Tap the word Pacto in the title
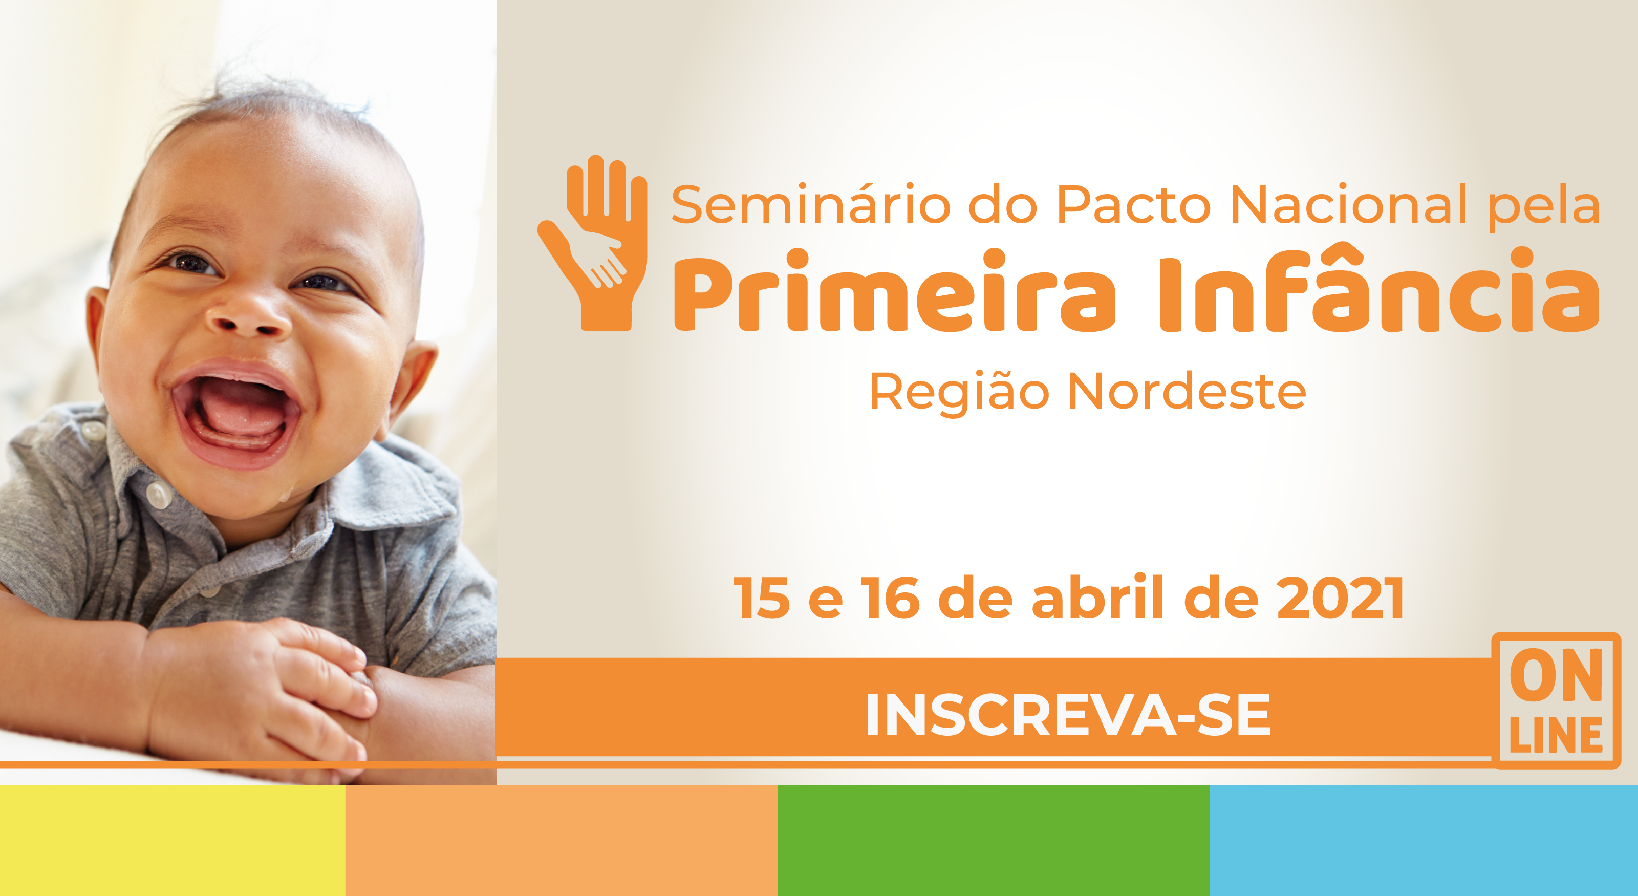tap(1133, 205)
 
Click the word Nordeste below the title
tap(1187, 392)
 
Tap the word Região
tap(959, 394)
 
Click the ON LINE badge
tap(1556, 700)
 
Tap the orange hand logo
tap(593, 243)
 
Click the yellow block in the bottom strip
tap(173, 840)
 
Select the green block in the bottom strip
tap(993, 840)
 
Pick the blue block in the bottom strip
tap(1424, 840)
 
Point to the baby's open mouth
tap(235, 413)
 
